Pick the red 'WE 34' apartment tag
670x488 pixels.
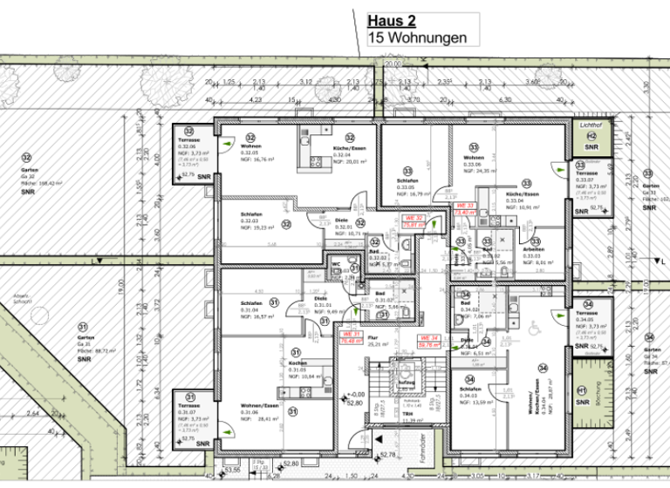[428, 341]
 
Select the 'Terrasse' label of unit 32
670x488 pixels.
[190, 140]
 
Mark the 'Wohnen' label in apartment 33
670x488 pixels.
[474, 158]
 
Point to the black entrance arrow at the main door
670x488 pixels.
[367, 457]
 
